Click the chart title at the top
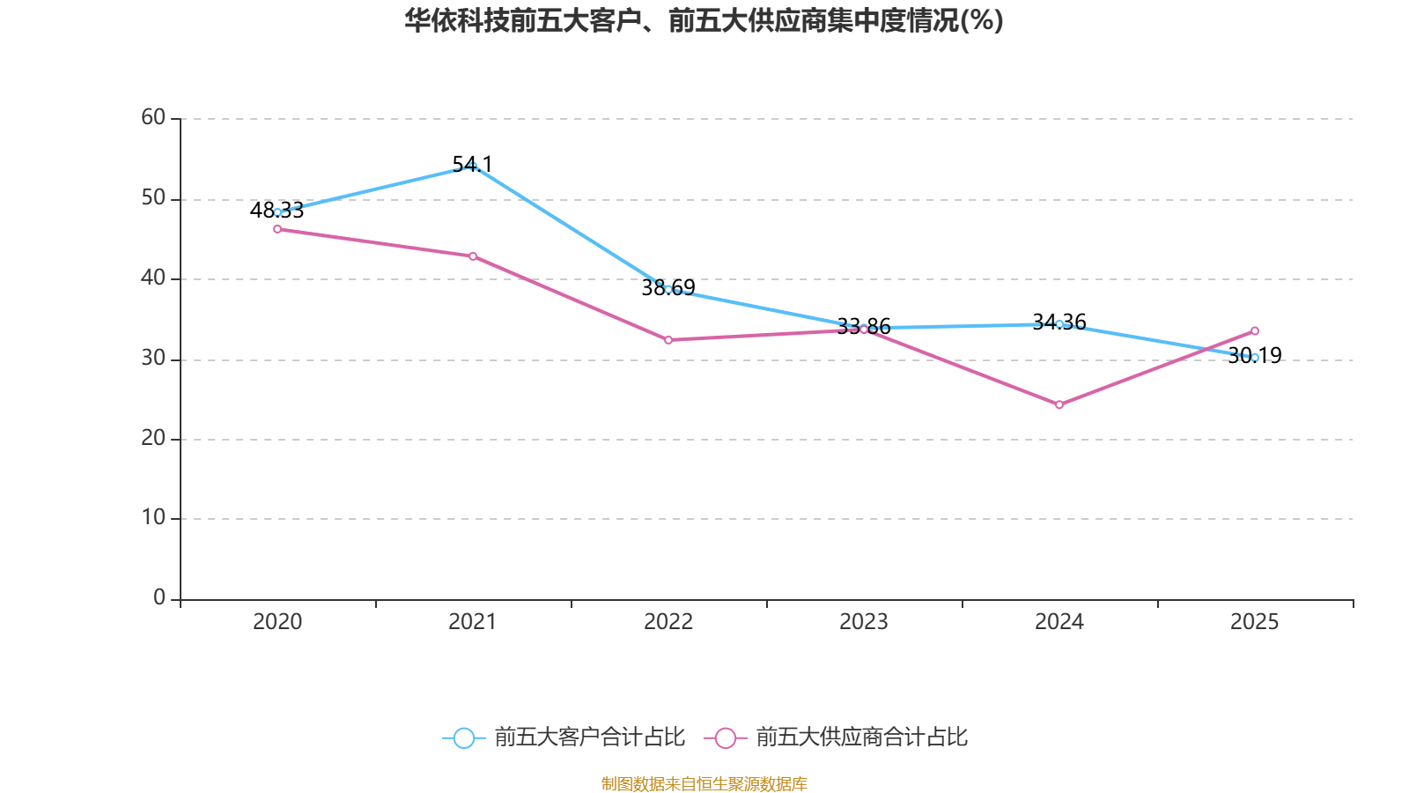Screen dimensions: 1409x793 pyautogui.click(x=704, y=21)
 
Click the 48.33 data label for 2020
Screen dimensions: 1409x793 pyautogui.click(x=277, y=211)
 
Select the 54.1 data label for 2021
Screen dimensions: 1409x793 pyautogui.click(x=472, y=164)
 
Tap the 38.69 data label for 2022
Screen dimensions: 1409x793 pyautogui.click(x=668, y=287)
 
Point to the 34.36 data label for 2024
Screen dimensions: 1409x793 pyautogui.click(x=1059, y=322)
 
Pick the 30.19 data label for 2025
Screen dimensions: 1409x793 pyautogui.click(x=1255, y=356)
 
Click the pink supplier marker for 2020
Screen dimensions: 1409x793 pyautogui.click(x=277, y=229)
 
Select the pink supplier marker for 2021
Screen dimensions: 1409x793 pyautogui.click(x=473, y=256)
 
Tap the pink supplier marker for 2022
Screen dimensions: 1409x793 pyautogui.click(x=668, y=340)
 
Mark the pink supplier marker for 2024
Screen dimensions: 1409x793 pyautogui.click(x=1059, y=404)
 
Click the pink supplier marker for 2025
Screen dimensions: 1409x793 pyautogui.click(x=1255, y=331)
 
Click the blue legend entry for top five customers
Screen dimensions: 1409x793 pyautogui.click(x=564, y=737)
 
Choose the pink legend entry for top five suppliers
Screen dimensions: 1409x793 pyautogui.click(x=836, y=737)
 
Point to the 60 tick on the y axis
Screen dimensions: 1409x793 pyautogui.click(x=153, y=118)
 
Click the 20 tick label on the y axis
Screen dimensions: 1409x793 pyautogui.click(x=153, y=438)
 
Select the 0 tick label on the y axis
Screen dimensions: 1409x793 pyautogui.click(x=159, y=598)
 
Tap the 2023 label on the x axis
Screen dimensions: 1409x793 pyautogui.click(x=864, y=622)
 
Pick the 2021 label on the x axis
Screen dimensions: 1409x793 pyautogui.click(x=472, y=622)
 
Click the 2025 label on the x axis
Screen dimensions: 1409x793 pyautogui.click(x=1254, y=622)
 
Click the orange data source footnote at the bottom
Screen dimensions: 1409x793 pyautogui.click(x=704, y=783)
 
